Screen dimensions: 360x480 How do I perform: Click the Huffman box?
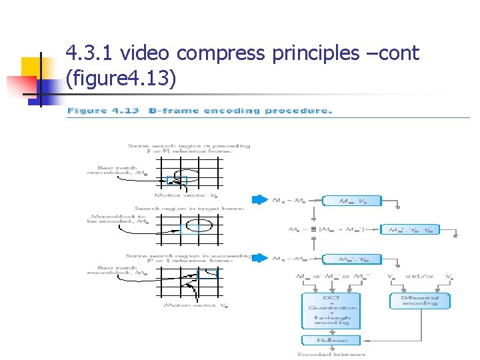tap(331, 340)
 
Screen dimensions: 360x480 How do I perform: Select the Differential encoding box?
tap(419, 300)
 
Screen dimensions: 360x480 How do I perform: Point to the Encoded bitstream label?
tap(331, 354)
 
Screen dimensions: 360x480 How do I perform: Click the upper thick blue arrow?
tap(259, 199)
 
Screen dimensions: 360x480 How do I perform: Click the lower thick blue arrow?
tap(259, 258)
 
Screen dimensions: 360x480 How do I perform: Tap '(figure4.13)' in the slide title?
tap(121, 79)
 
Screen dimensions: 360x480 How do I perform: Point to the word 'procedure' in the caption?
tap(297, 111)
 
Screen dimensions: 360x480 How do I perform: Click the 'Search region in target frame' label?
tap(189, 209)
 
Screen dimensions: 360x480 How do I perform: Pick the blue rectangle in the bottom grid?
tap(207, 273)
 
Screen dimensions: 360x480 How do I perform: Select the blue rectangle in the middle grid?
tap(189, 229)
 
